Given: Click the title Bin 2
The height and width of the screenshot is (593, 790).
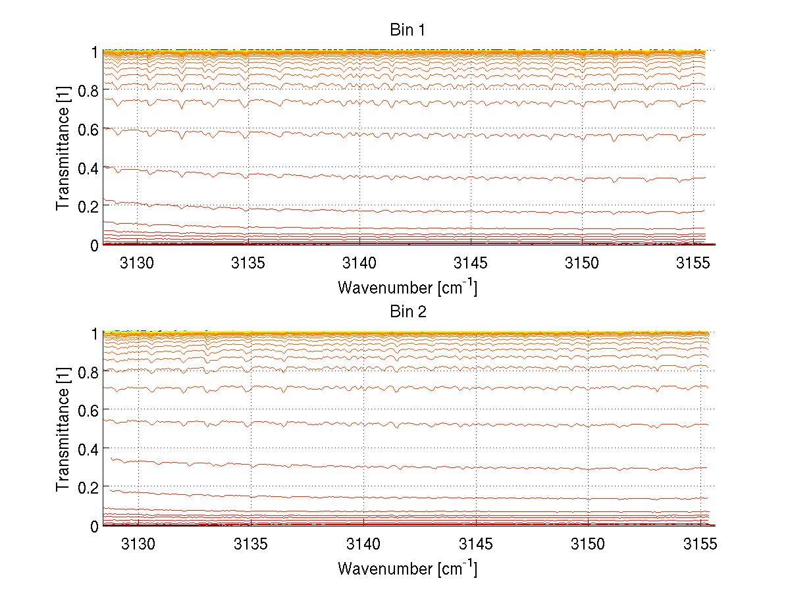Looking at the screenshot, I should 408,312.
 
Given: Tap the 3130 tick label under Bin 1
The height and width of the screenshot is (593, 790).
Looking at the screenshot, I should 138,264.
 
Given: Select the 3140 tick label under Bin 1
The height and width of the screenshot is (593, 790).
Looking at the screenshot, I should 359,264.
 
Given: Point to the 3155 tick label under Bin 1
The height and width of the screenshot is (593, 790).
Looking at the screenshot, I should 694,264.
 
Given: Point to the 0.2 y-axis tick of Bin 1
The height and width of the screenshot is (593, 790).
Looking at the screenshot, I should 90,207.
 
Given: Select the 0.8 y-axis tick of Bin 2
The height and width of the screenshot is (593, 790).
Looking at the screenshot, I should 90,372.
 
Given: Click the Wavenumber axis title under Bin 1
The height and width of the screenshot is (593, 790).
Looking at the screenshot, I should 408,287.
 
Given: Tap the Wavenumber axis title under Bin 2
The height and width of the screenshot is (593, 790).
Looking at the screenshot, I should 408,568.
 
